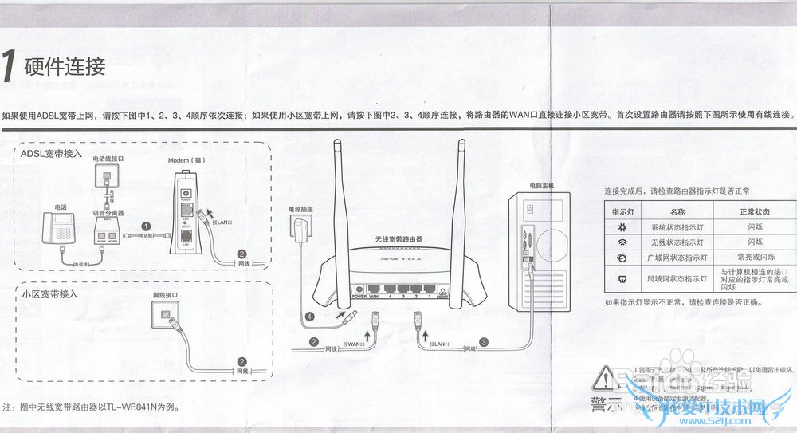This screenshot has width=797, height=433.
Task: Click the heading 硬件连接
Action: coord(65,66)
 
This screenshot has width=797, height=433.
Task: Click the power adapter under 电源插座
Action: coord(300,234)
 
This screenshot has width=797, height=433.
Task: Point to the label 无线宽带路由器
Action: coord(398,239)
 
